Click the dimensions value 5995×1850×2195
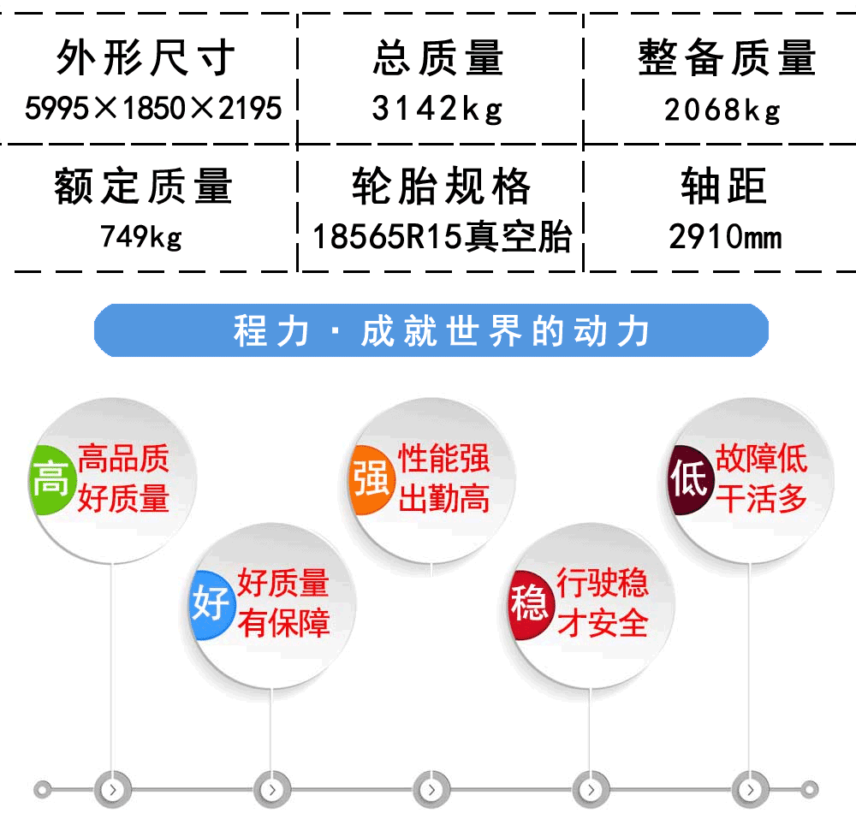tap(153, 108)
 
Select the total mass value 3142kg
tap(437, 109)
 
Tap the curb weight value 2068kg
tap(722, 110)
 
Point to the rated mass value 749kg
tap(141, 237)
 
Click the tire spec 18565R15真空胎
tap(443, 237)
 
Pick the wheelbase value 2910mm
tap(726, 237)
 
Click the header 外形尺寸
tap(146, 57)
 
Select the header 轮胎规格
tap(441, 186)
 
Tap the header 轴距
tap(724, 186)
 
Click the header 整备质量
tap(727, 57)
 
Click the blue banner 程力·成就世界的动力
tap(431, 330)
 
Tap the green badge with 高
tap(51, 479)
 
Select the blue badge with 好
tap(211, 604)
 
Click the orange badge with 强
tap(372, 479)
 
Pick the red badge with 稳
tap(530, 604)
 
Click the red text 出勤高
tap(443, 499)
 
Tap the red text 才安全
tap(603, 623)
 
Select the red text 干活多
tap(761, 499)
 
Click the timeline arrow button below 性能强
tap(431, 790)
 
